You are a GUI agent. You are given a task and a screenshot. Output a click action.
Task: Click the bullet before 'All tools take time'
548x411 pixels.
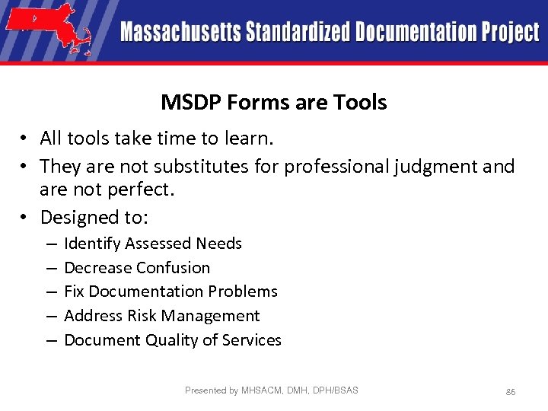[25, 139]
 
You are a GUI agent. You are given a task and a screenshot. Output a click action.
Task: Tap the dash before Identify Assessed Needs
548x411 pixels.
[49, 244]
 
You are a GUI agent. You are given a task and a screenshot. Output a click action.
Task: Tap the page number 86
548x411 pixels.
[511, 391]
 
